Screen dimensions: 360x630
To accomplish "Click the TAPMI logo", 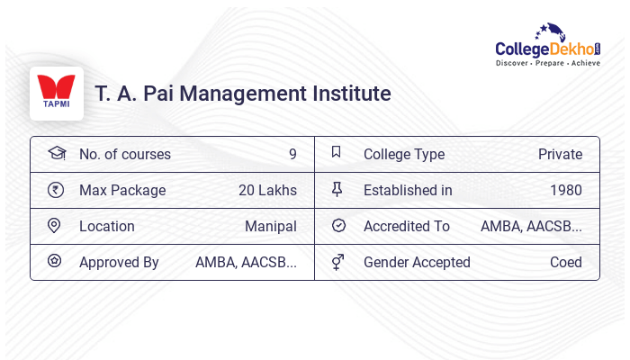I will [57, 93].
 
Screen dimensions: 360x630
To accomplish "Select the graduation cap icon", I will [56, 153].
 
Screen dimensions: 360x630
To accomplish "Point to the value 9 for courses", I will [292, 154].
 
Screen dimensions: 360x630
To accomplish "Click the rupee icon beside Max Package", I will [56, 190].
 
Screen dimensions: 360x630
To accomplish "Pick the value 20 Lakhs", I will [267, 190].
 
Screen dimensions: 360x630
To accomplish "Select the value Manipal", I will [271, 226].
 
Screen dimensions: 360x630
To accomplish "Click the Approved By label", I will [119, 262].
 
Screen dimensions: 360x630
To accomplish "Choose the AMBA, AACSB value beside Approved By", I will [246, 262].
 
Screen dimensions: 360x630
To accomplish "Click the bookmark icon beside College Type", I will [337, 153].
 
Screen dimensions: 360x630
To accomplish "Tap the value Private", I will [560, 154].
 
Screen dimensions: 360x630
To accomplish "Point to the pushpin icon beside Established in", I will [337, 189].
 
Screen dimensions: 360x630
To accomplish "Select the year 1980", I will [566, 190].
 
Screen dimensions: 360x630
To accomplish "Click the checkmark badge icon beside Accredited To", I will [338, 226].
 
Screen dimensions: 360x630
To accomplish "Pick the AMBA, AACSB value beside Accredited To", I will [531, 226].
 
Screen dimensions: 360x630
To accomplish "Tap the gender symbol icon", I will [337, 262].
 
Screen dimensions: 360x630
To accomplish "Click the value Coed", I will [566, 262].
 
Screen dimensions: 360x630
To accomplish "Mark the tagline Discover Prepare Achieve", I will [548, 64].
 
